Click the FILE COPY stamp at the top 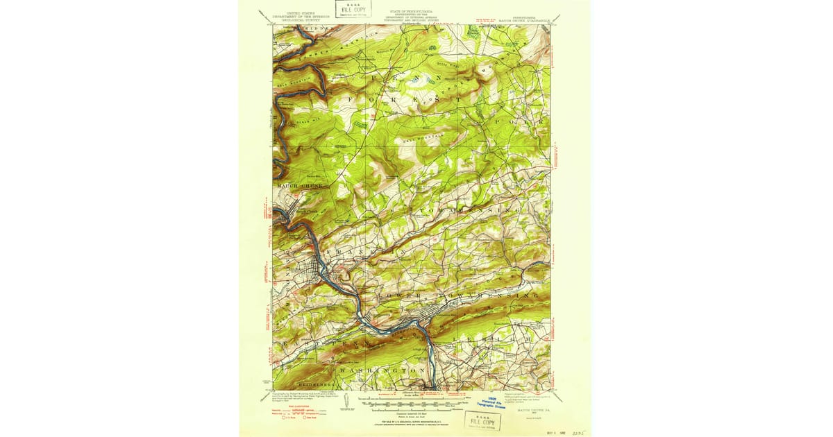[353, 8]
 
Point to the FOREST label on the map [403, 101]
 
